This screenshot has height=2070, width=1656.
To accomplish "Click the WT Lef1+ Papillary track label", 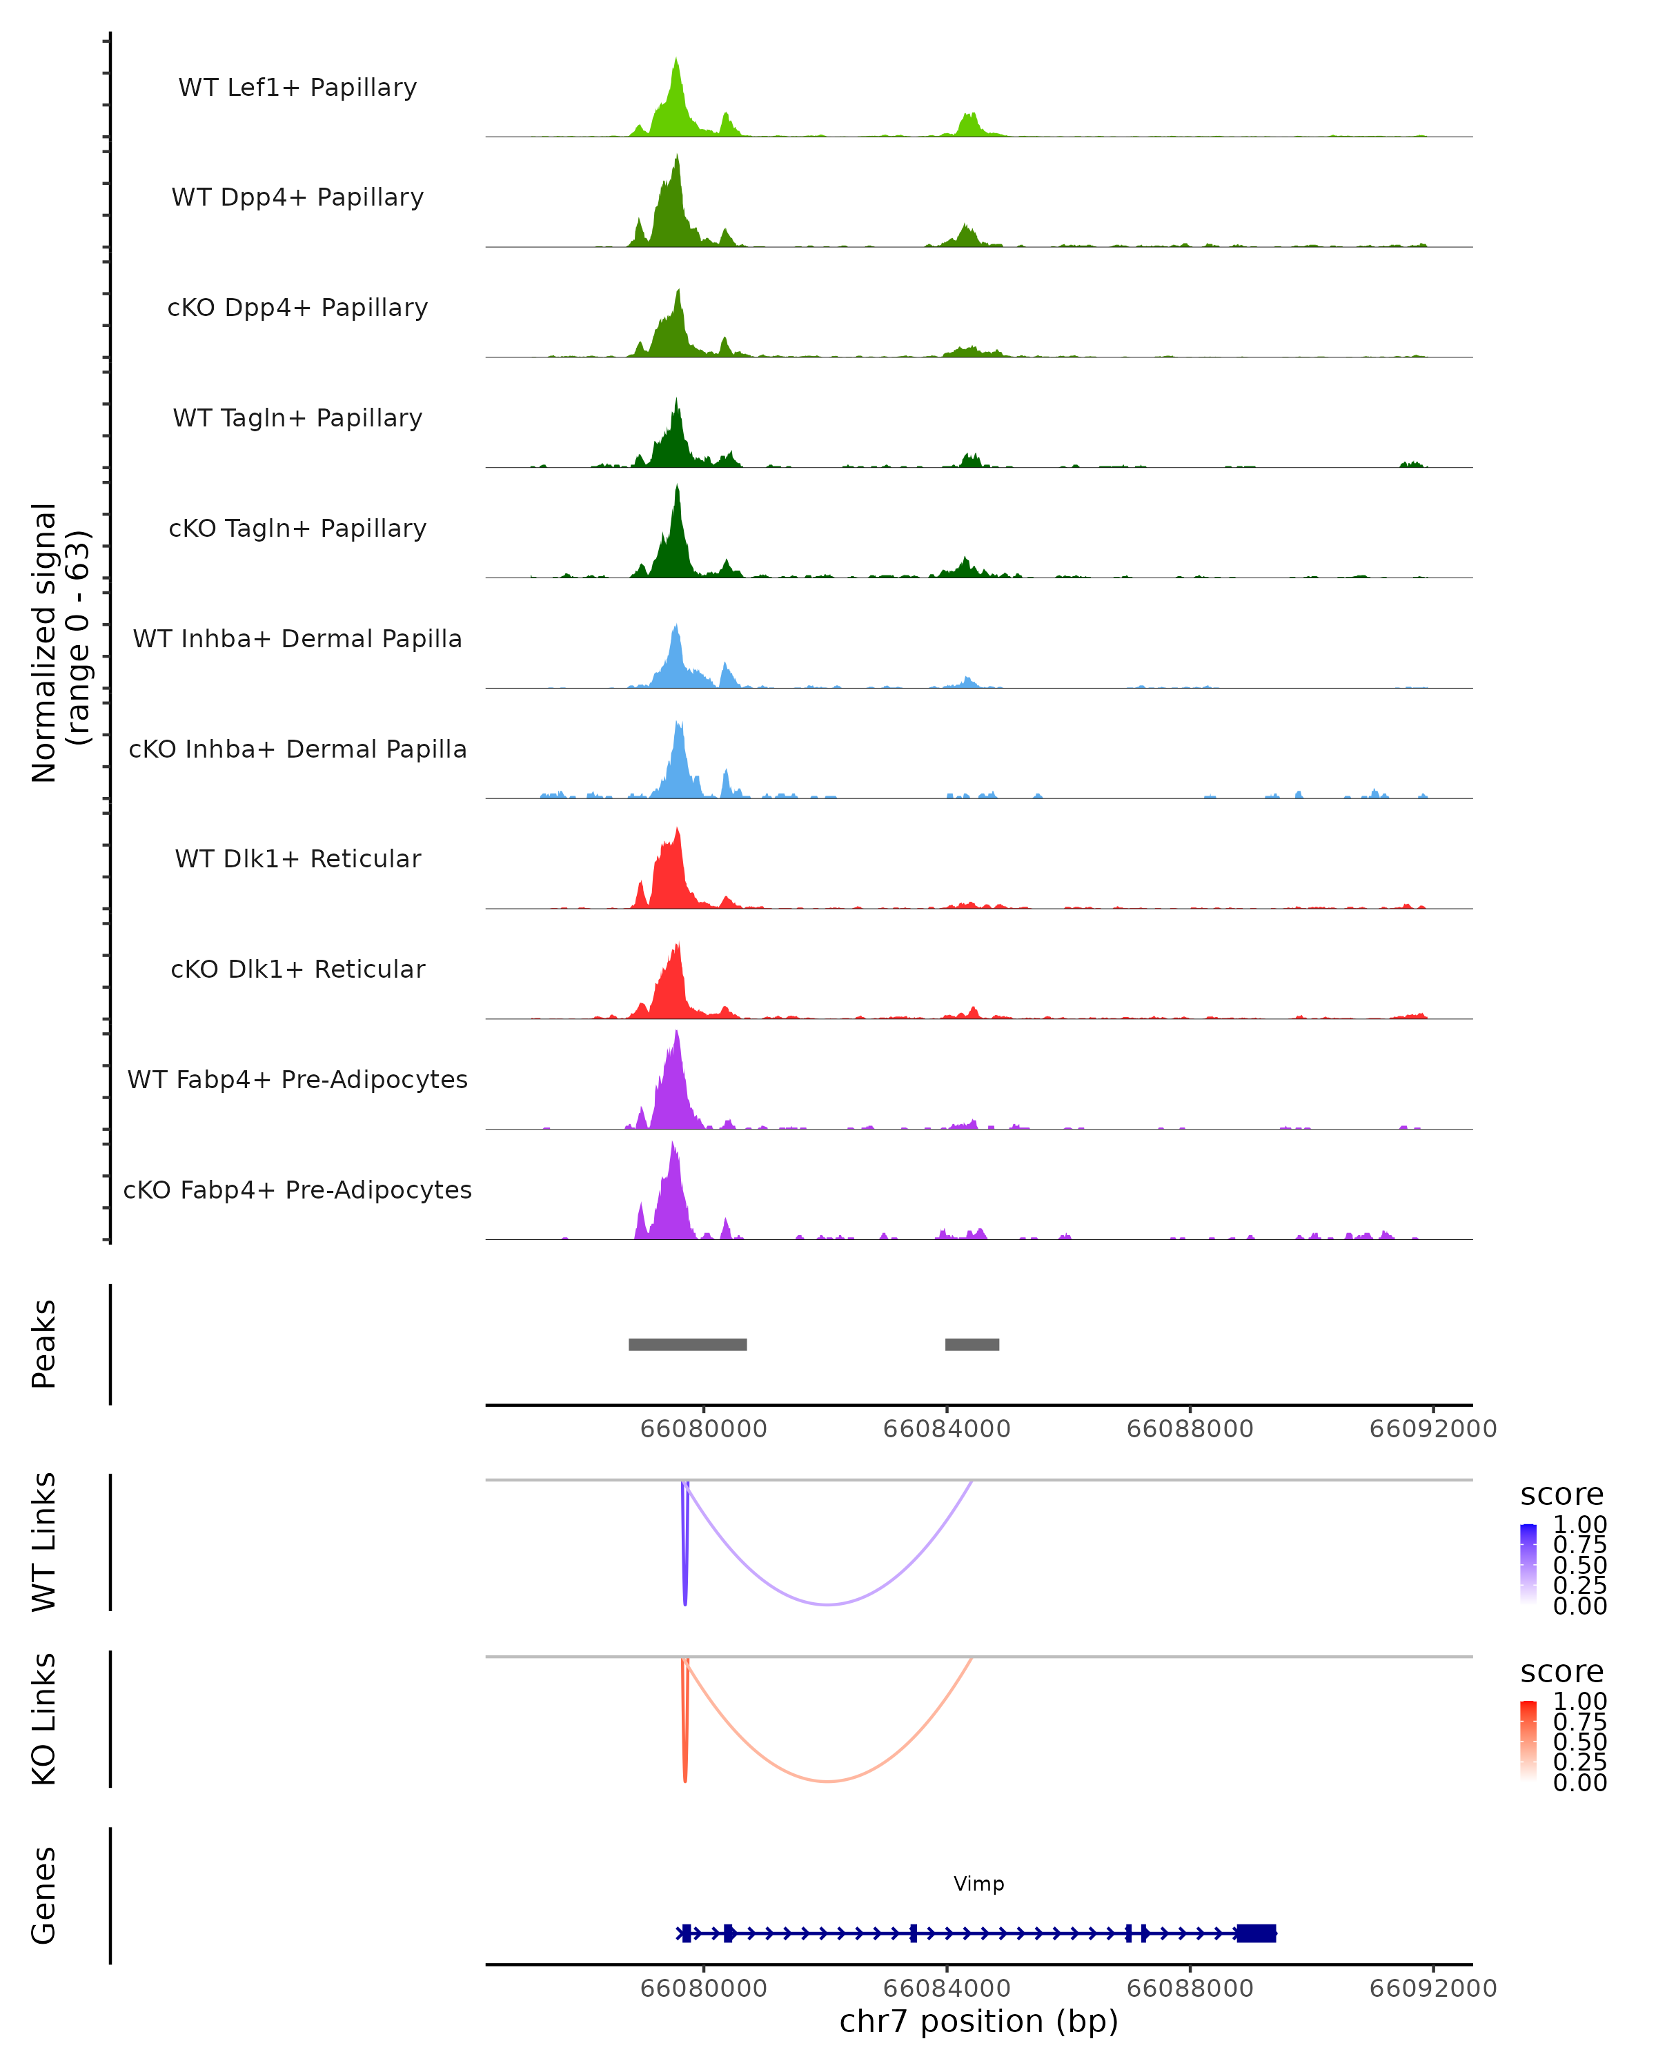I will point(297,88).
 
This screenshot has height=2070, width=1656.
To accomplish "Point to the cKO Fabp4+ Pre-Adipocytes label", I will point(297,1190).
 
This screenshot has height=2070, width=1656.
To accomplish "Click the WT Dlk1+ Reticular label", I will point(297,858).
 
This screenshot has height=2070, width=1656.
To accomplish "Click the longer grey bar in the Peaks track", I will point(687,1344).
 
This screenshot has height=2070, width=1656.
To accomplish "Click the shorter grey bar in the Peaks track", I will point(972,1344).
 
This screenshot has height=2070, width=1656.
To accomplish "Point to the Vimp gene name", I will point(978,1884).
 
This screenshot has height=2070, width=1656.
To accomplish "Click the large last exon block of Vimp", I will point(1256,1933).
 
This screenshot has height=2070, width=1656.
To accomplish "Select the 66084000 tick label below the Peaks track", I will point(947,1429).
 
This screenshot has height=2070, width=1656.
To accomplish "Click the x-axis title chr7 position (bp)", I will point(978,2021).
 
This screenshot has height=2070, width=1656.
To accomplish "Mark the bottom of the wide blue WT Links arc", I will point(827,1604).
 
